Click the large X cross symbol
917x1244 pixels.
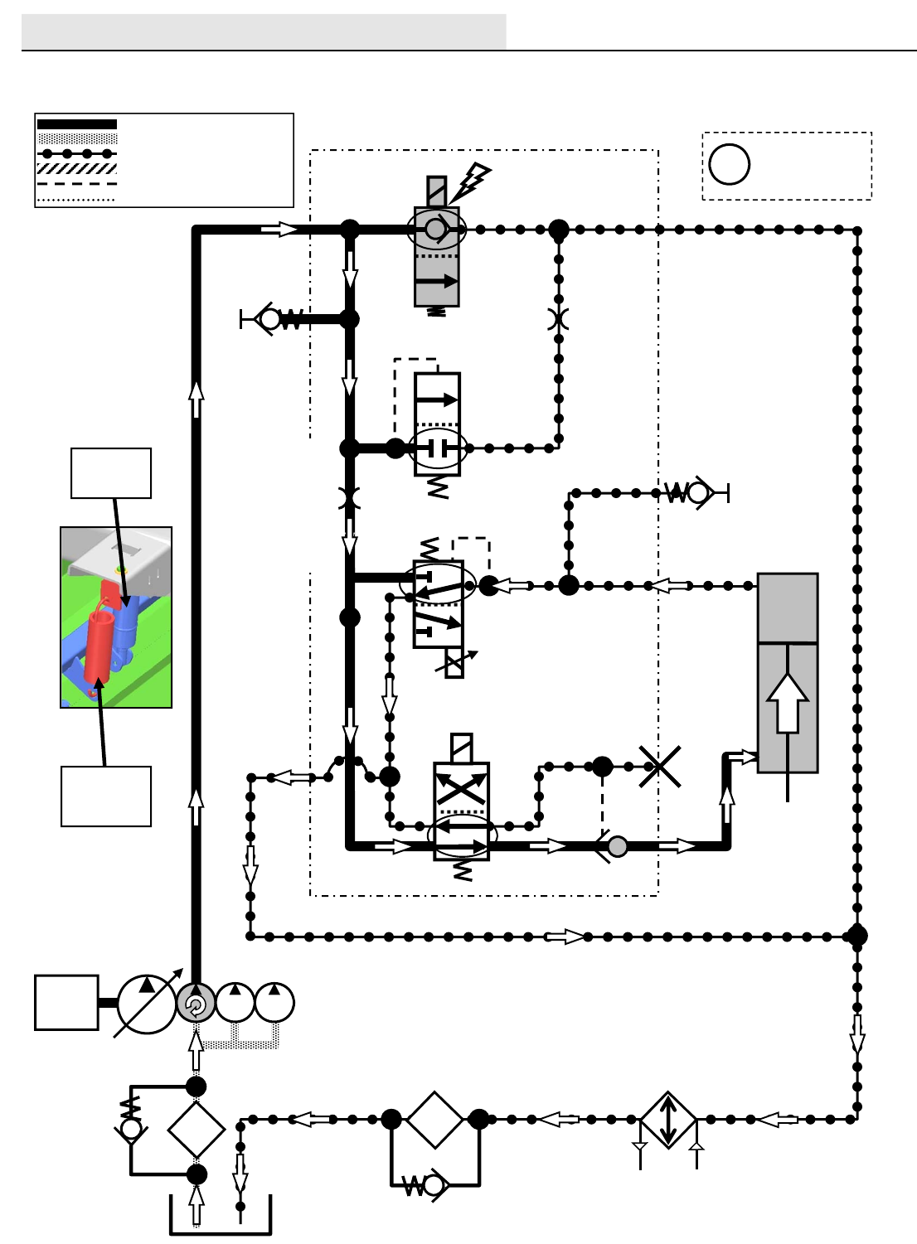pos(660,766)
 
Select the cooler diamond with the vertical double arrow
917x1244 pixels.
pos(668,1120)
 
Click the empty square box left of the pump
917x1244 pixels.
pos(66,1002)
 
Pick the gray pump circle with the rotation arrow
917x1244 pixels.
pos(196,1004)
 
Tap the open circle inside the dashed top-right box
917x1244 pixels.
pos(730,164)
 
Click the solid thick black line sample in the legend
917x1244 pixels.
pos(77,124)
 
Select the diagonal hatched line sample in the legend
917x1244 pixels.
pos(77,168)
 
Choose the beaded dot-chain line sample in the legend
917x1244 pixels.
pos(77,153)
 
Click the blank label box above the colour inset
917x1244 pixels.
pos(111,473)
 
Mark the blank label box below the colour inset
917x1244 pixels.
pos(106,796)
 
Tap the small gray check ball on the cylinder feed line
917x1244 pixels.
pos(618,846)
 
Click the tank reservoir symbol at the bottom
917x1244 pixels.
pos(221,1218)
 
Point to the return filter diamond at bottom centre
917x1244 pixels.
pos(434,1120)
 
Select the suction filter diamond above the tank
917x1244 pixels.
pos(196,1129)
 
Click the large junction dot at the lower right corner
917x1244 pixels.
pos(857,936)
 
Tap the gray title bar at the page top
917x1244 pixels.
pos(264,31)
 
